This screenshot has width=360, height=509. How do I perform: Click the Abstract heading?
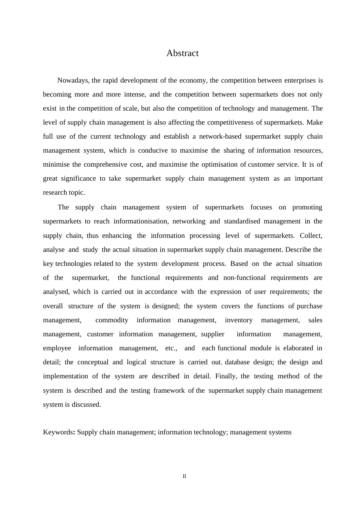pos(182,53)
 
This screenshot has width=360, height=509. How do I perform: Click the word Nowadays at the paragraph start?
pos(73,80)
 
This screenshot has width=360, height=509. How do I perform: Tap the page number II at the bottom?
pos(184,476)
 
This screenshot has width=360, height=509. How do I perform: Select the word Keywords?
pos(58,432)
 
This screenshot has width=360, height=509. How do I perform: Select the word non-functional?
pos(244,278)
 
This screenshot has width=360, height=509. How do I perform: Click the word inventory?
pos(238,320)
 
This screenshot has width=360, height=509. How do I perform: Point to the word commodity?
pos(112,320)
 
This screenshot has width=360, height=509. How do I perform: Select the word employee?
pos(57,348)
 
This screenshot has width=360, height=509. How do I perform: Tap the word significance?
pos(78,178)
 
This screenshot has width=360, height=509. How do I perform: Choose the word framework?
pos(169,390)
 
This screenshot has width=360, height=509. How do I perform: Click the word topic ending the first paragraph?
pos(77,192)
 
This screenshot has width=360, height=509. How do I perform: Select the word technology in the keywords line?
pos(210,432)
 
